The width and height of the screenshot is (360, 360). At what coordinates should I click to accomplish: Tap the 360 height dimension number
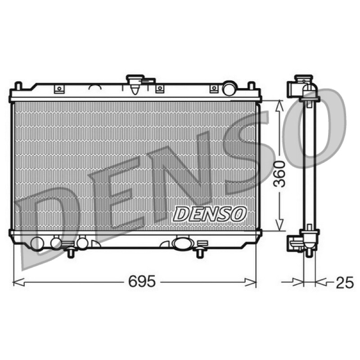click(280, 174)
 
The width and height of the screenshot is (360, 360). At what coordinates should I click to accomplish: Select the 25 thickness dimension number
click(345, 283)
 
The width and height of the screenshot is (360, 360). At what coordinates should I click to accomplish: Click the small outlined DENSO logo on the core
click(209, 214)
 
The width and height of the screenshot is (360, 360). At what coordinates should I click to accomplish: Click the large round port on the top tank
click(229, 88)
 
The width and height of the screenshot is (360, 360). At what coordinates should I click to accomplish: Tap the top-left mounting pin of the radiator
click(18, 86)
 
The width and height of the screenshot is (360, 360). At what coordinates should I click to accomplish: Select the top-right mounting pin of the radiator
click(252, 86)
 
